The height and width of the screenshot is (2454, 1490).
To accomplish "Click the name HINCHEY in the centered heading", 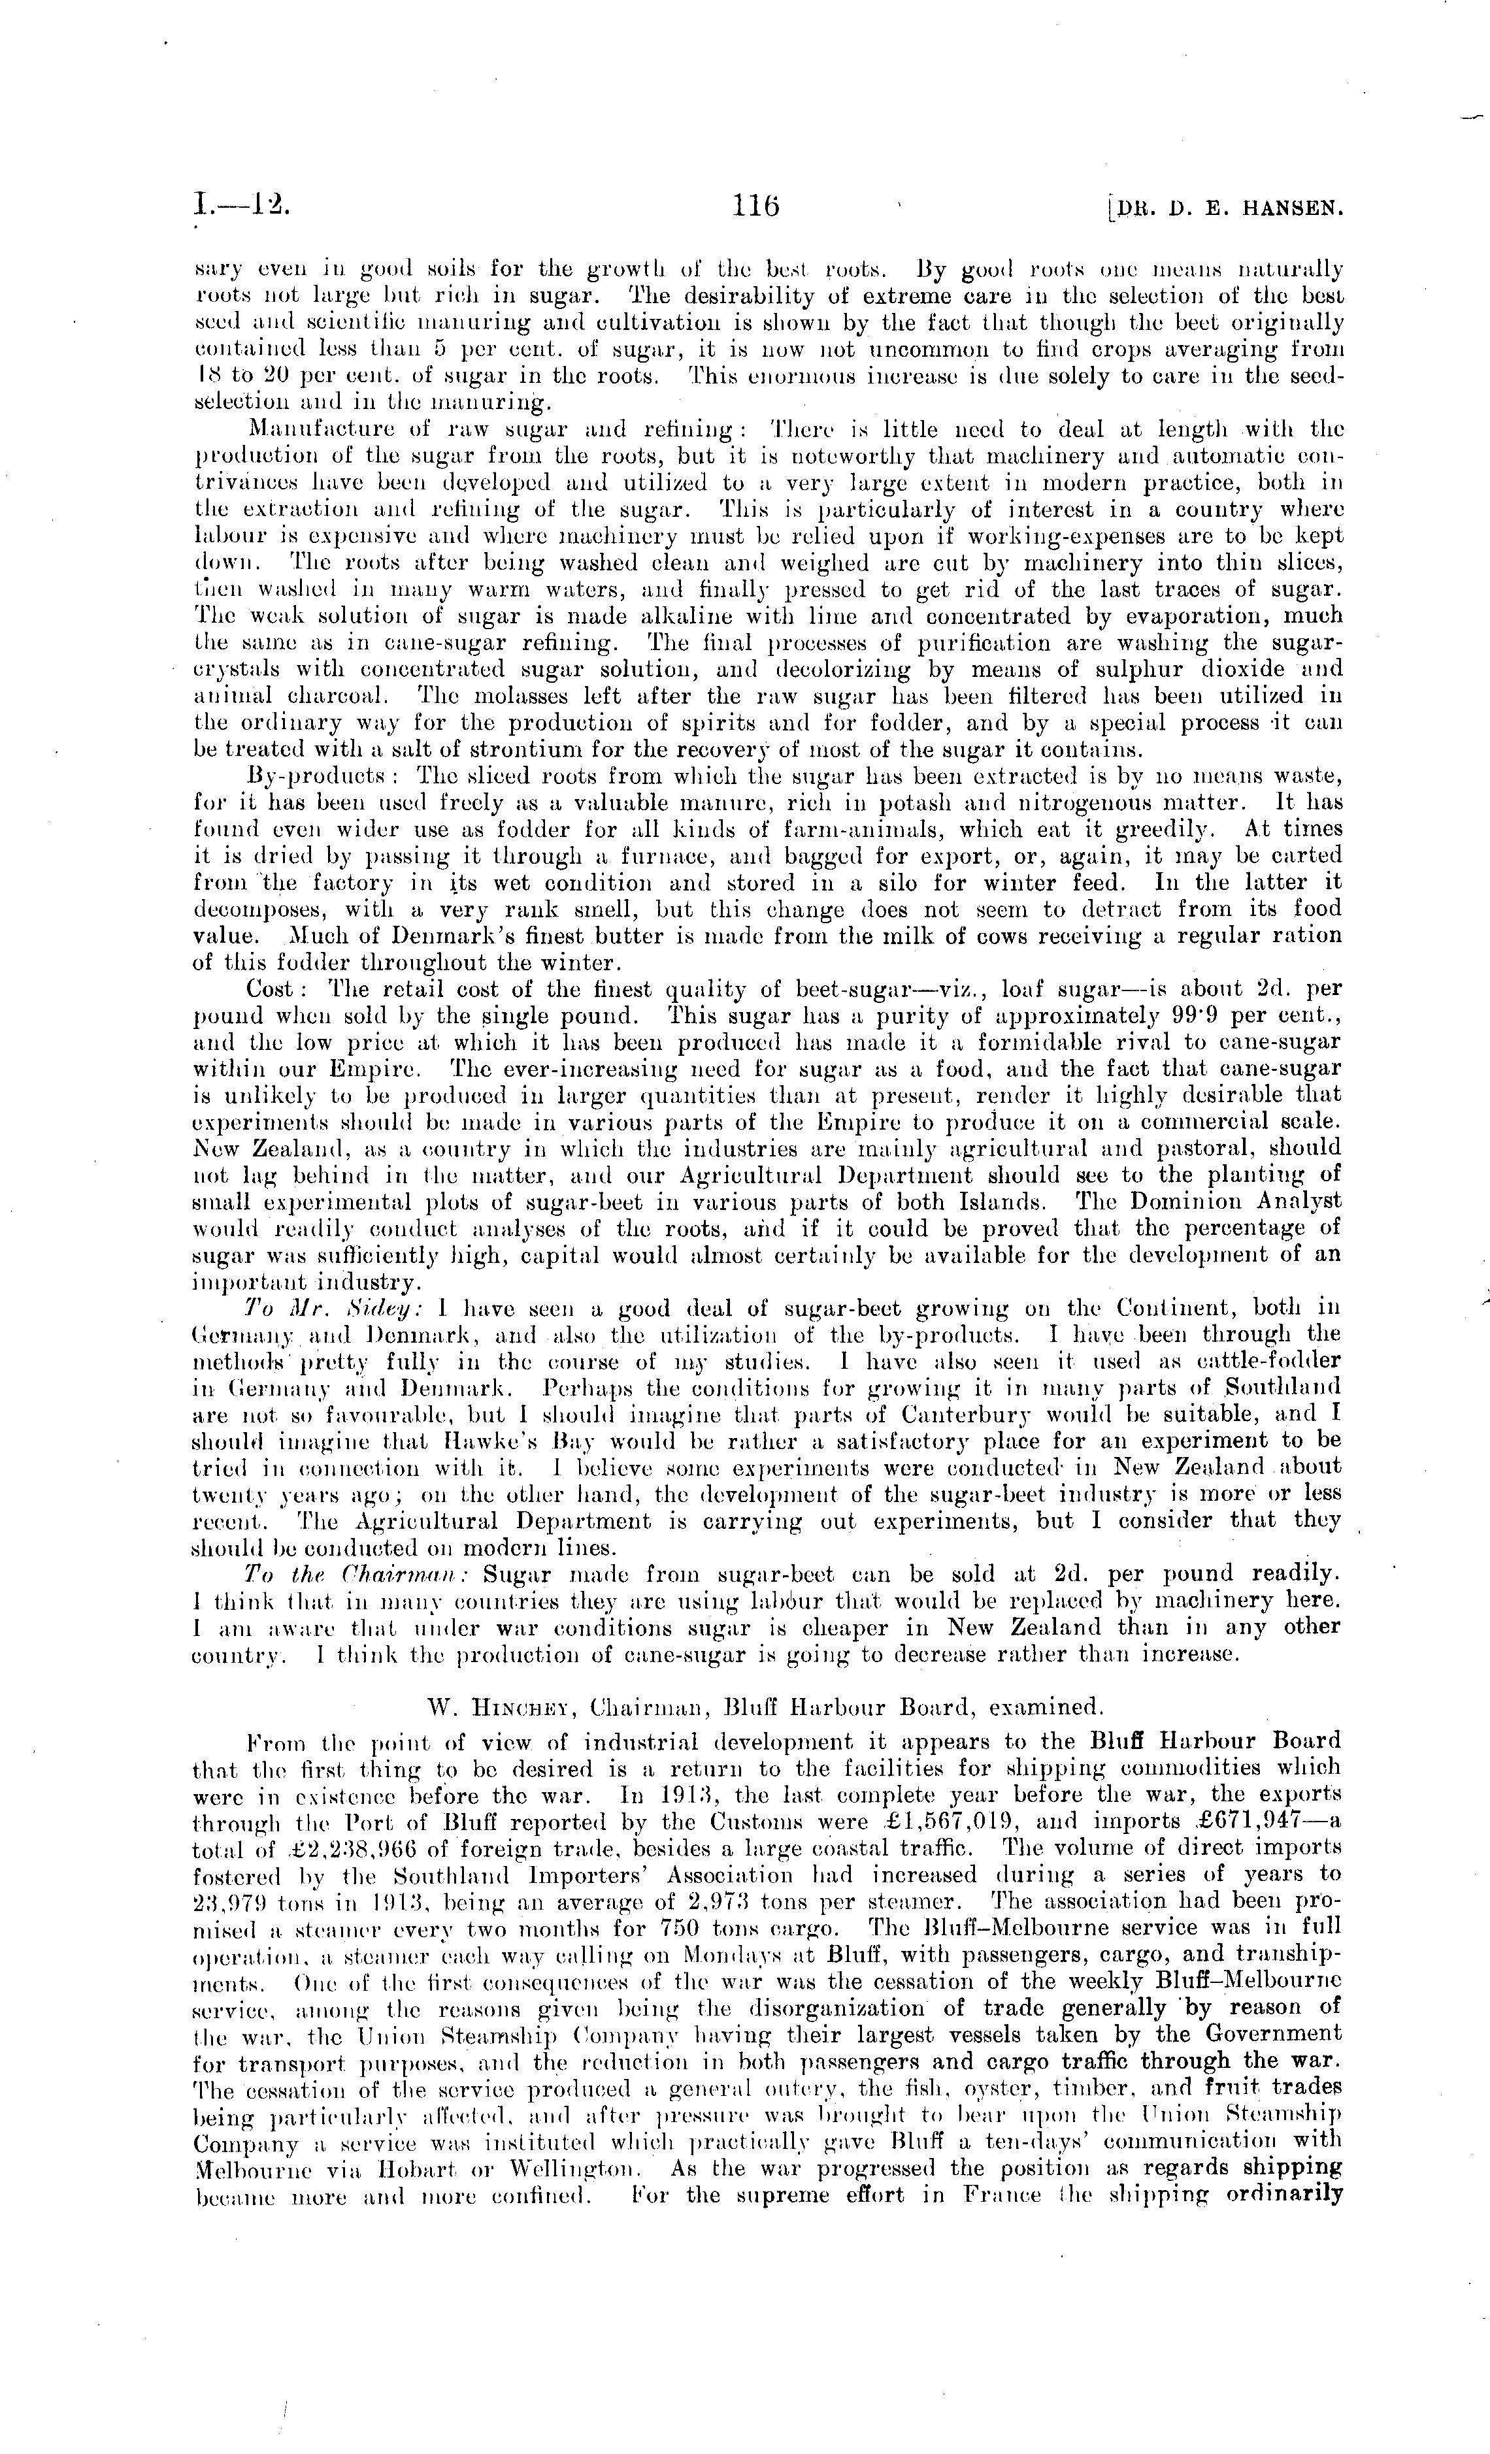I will click(502, 1707).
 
